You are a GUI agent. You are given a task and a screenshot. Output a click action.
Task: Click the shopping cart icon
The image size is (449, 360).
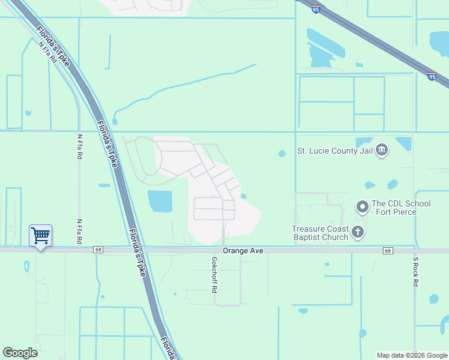40,235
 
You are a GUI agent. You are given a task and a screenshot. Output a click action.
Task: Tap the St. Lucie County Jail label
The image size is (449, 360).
335,151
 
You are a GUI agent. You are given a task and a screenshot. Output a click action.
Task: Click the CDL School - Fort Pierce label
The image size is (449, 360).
401,208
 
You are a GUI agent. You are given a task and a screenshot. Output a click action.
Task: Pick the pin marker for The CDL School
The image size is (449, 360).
362,207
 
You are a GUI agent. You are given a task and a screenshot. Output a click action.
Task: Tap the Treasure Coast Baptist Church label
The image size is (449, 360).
320,233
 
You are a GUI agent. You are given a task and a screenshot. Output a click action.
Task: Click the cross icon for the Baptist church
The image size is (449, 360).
358,232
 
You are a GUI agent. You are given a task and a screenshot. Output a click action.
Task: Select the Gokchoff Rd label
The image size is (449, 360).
214,275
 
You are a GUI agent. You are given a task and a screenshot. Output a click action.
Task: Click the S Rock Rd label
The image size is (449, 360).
415,272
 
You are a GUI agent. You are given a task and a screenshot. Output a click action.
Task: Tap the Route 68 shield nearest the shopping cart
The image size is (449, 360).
97,250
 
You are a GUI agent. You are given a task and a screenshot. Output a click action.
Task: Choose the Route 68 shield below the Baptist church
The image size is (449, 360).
388,250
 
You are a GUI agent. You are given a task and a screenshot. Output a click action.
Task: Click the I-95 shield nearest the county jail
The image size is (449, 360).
432,76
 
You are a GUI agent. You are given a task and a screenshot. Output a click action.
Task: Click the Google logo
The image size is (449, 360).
20,353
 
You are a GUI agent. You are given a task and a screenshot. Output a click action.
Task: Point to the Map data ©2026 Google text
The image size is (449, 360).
411,355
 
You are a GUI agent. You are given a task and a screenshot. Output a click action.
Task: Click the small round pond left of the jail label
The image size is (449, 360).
282,154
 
